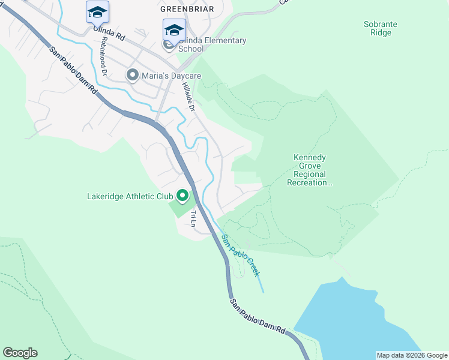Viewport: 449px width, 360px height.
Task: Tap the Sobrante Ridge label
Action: click(x=381, y=28)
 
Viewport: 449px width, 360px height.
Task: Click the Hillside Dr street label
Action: click(x=188, y=96)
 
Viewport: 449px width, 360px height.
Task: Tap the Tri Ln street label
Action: click(x=193, y=218)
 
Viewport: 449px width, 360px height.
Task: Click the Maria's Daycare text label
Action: click(x=171, y=76)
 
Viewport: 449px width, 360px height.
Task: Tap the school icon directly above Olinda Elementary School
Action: click(x=174, y=29)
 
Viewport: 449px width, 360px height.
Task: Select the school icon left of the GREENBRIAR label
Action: click(x=97, y=11)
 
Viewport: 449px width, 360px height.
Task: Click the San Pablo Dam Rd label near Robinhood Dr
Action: click(x=73, y=70)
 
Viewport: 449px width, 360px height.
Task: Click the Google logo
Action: click(x=20, y=353)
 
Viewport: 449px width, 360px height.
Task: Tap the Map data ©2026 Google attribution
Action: click(x=412, y=355)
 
